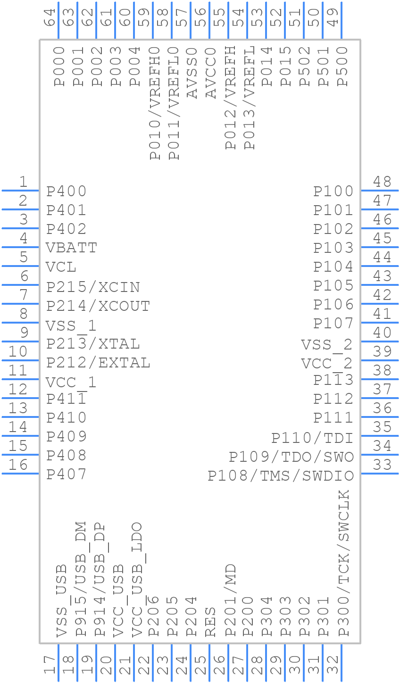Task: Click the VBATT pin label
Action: (72, 248)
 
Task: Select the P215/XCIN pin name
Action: (93, 287)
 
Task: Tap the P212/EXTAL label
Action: (98, 363)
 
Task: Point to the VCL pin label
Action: (61, 267)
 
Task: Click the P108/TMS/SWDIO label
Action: (281, 476)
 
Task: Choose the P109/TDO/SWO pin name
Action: (291, 457)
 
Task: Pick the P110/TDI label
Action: (312, 438)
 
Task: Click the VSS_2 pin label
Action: (327, 345)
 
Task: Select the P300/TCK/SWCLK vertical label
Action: (344, 563)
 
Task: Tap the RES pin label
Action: (210, 622)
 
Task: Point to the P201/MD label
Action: (230, 600)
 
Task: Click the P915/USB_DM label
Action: (81, 579)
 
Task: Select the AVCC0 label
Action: (210, 73)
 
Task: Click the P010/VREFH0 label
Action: (155, 103)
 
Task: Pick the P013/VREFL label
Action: (249, 98)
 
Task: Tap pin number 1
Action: (23, 182)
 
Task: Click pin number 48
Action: (382, 182)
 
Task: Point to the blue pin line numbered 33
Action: (380, 473)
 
